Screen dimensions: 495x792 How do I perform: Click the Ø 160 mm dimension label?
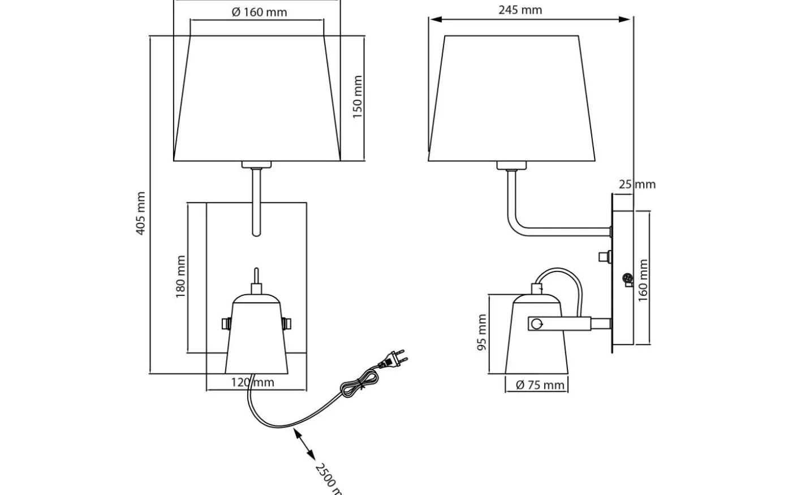(259, 12)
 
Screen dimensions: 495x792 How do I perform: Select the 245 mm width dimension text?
(520, 10)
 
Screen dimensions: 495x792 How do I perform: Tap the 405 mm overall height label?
(141, 213)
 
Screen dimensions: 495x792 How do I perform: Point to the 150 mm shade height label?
(358, 97)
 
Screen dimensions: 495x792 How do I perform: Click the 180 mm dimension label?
(180, 277)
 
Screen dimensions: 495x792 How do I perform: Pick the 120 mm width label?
(252, 382)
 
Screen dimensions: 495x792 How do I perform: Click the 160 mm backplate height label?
(643, 281)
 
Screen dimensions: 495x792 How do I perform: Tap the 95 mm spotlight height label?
(481, 333)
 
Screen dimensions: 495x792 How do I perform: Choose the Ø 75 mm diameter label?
(540, 385)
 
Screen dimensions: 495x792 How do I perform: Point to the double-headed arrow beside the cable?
(304, 444)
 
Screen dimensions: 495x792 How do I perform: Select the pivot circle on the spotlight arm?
(536, 324)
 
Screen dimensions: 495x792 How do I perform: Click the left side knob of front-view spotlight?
(225, 324)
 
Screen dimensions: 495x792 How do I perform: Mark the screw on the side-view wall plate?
(627, 279)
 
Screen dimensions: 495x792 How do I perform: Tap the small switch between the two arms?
(604, 257)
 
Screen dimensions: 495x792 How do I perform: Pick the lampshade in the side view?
(512, 99)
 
